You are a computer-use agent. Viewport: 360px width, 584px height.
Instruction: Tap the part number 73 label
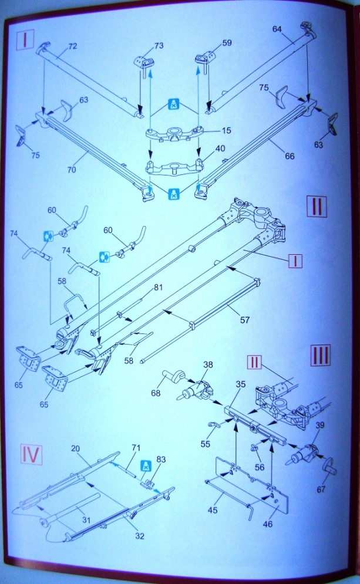[x=143, y=45]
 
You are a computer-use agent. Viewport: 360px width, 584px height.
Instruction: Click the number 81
[x=158, y=288]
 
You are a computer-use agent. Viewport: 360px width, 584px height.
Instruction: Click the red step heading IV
[x=31, y=454]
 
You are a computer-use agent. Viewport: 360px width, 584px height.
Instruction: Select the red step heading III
[x=321, y=354]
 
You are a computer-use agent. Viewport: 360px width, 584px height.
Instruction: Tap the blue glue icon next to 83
[x=143, y=466]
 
